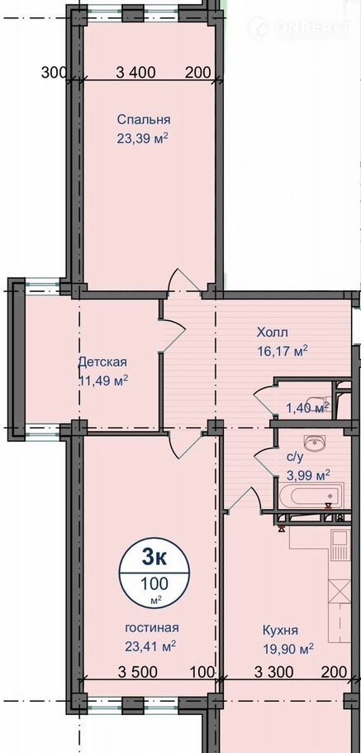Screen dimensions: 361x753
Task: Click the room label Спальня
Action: click(x=144, y=119)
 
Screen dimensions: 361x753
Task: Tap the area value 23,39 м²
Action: click(x=142, y=139)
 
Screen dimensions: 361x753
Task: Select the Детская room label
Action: click(x=102, y=362)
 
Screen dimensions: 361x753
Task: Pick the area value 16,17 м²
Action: click(x=282, y=351)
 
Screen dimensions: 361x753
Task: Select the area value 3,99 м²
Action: click(x=308, y=476)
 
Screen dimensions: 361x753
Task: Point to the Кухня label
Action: click(x=281, y=630)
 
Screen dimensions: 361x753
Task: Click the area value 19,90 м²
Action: click(x=288, y=650)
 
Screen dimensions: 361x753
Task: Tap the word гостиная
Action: click(x=152, y=628)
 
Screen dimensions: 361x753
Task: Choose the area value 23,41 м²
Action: click(x=150, y=646)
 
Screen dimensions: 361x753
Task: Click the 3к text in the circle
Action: click(x=154, y=558)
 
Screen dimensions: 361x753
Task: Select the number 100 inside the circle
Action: click(x=154, y=583)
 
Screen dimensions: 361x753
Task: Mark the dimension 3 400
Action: click(x=136, y=73)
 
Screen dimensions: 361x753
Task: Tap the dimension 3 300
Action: click(x=273, y=672)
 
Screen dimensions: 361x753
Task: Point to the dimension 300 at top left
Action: click(x=55, y=73)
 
